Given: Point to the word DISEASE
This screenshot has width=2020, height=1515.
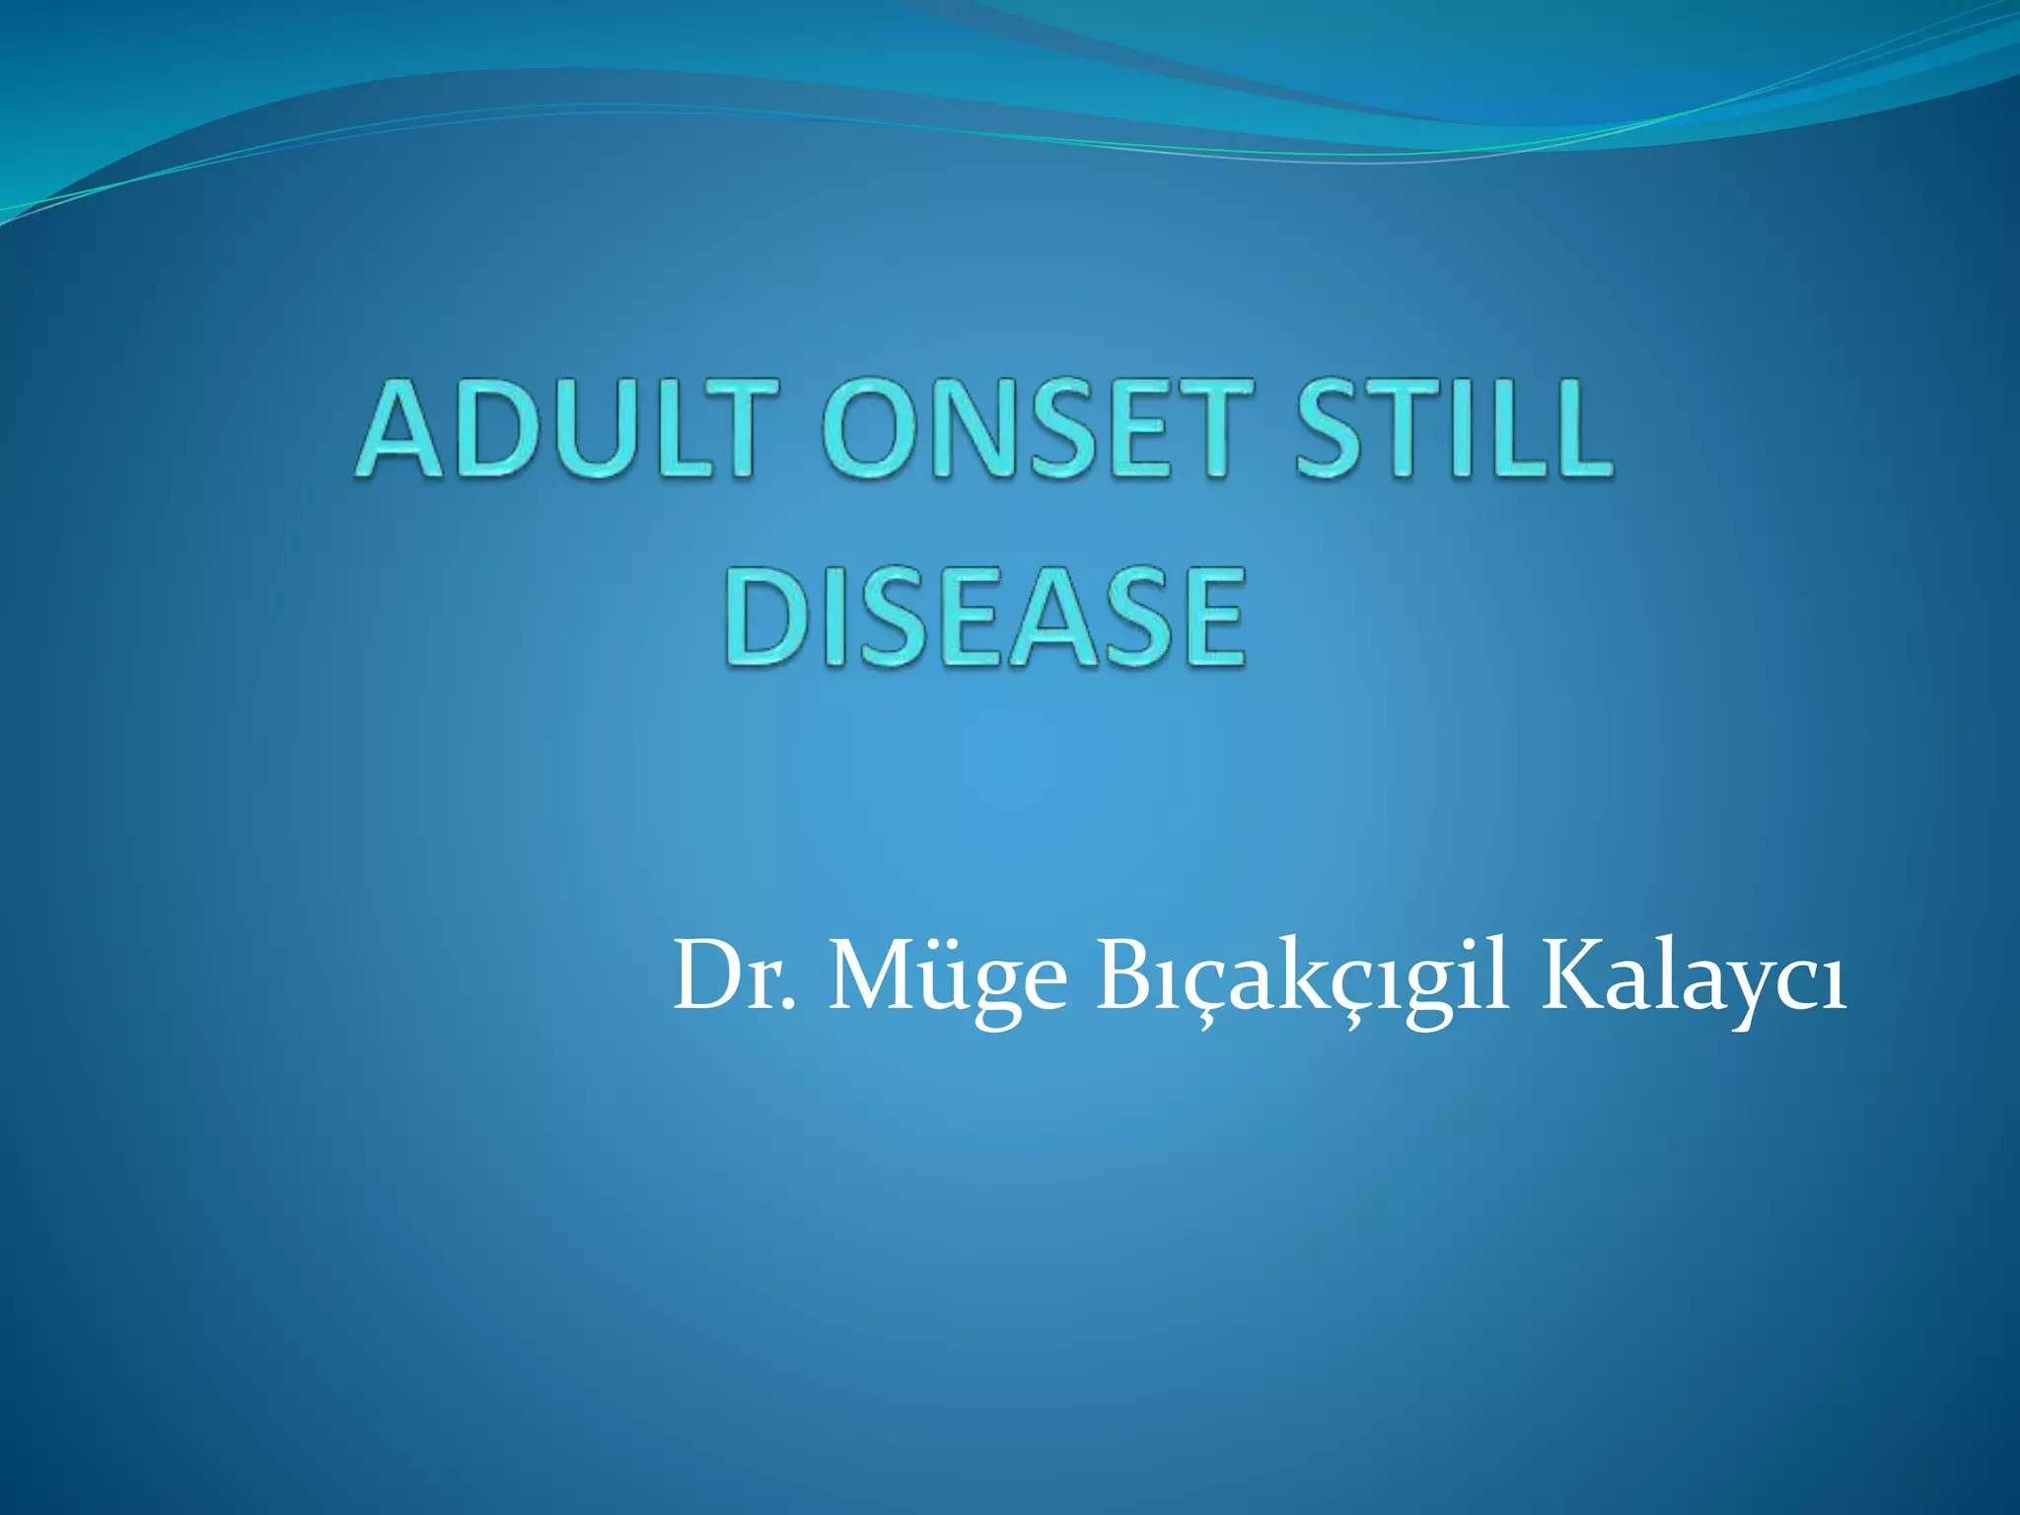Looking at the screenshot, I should click(x=984, y=617).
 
